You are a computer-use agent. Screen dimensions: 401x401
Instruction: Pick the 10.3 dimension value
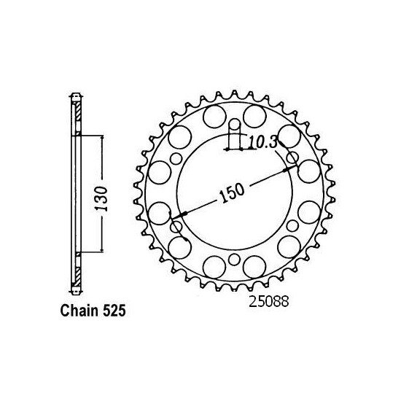click(x=261, y=143)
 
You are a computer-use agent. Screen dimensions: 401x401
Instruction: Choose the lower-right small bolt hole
click(x=292, y=226)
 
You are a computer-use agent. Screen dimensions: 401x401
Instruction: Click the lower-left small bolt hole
click(x=176, y=226)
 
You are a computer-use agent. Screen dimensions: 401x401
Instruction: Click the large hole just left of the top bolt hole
click(x=214, y=117)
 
